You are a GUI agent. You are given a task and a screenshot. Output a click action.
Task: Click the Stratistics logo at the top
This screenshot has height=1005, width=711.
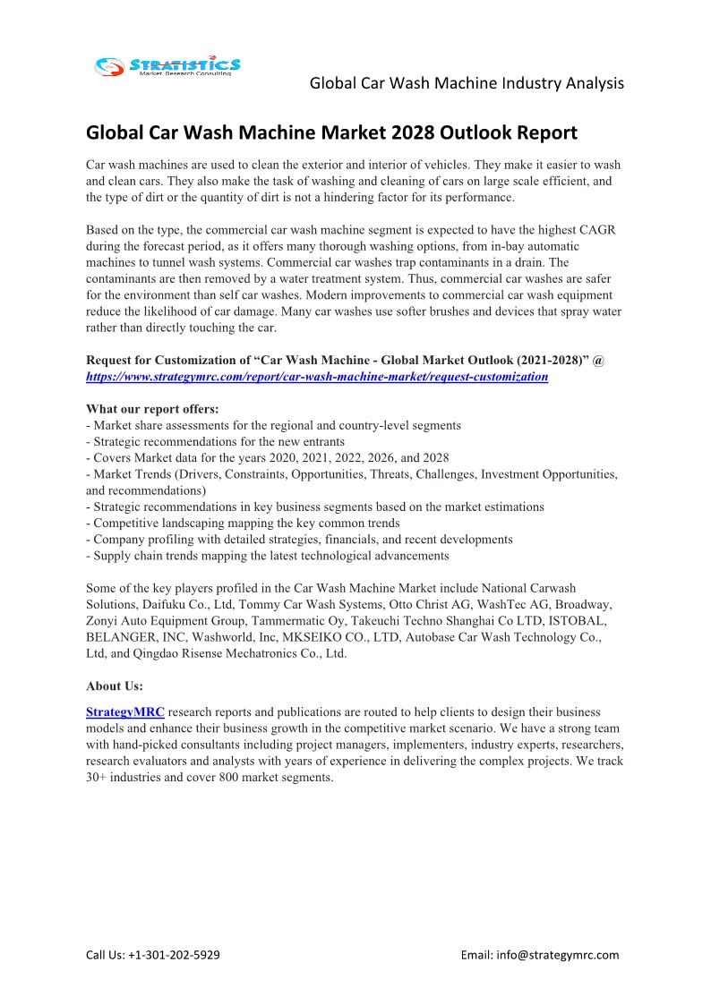[x=167, y=65]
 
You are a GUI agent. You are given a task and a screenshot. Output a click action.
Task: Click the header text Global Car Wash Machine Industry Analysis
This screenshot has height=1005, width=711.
[x=467, y=83]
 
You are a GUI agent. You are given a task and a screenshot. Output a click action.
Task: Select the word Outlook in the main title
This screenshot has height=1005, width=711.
[x=484, y=133]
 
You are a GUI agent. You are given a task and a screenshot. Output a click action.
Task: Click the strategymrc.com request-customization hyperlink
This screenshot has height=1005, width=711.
[x=317, y=377]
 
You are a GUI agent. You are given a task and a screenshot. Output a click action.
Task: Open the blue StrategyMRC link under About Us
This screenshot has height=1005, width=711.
[x=124, y=712]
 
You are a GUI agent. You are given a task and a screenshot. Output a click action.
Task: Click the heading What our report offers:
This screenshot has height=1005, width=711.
[x=152, y=409]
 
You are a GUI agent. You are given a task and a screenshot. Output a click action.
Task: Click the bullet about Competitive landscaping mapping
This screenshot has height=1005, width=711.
[x=243, y=523]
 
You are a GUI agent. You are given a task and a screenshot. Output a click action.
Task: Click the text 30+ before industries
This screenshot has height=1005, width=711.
[x=99, y=777]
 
